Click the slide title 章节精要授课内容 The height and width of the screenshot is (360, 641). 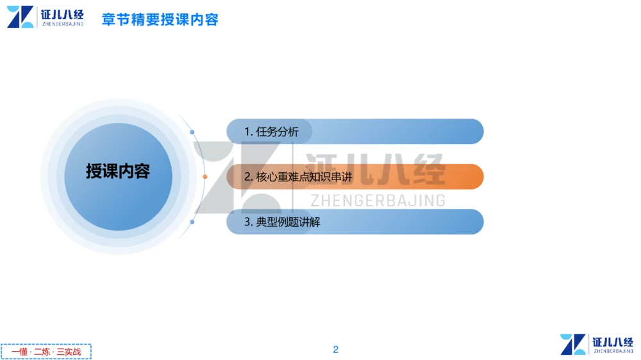(x=160, y=19)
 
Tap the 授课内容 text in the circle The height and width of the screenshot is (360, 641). (x=118, y=172)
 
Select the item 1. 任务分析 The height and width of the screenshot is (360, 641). (x=271, y=132)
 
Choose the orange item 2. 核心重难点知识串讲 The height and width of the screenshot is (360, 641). (x=298, y=177)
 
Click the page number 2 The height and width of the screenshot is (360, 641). (x=335, y=349)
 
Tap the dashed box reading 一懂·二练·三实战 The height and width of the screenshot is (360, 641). (x=46, y=352)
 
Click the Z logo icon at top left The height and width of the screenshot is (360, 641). (x=20, y=17)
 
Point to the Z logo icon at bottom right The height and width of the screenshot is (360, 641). (x=573, y=344)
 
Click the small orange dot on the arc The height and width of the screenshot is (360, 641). (x=205, y=177)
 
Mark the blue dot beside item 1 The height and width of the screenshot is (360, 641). (x=192, y=132)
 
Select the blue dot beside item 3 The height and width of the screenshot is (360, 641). (x=192, y=222)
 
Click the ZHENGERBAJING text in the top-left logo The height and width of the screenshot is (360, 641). (x=62, y=24)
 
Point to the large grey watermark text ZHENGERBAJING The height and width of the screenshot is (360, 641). (x=378, y=200)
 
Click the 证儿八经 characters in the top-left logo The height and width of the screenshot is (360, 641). (x=62, y=13)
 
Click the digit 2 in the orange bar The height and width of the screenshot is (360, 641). (x=247, y=177)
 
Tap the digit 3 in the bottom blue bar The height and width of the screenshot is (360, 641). (x=247, y=222)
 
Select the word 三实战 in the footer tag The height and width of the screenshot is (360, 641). (x=69, y=352)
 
